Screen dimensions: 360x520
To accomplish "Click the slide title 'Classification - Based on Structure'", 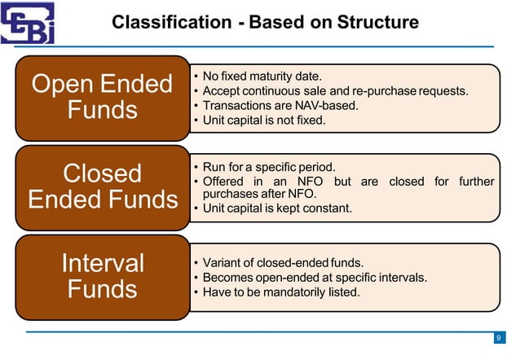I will [x=265, y=22].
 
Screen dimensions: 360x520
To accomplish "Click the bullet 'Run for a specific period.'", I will [x=269, y=166].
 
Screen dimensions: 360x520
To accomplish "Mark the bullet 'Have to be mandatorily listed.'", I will [x=281, y=292].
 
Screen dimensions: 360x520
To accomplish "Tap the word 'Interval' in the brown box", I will [x=102, y=262].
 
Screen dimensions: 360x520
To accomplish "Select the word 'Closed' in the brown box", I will [x=102, y=173].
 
